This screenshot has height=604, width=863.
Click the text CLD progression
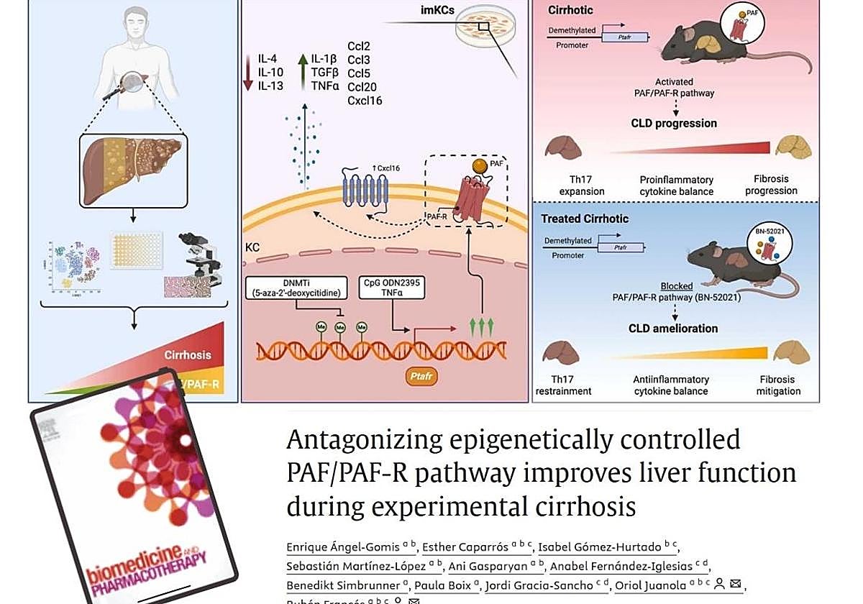(674, 123)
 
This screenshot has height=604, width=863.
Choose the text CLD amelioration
(674, 328)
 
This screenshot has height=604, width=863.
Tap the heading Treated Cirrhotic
(585, 219)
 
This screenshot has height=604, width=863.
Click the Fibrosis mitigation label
(778, 385)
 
